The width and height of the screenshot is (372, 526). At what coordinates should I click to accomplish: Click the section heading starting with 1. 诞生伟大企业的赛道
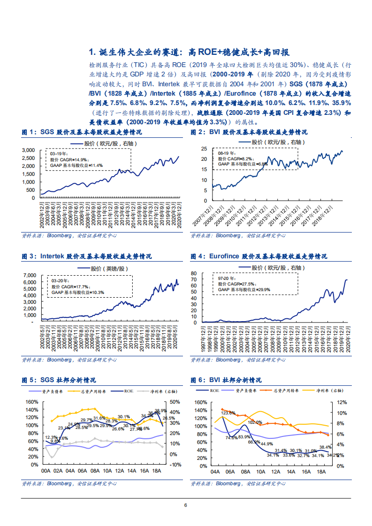(x=192, y=52)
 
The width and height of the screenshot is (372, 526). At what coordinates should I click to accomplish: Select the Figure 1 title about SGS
(x=82, y=133)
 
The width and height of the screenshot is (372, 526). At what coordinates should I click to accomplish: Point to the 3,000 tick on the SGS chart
(x=29, y=150)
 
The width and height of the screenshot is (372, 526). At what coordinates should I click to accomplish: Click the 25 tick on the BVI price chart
(x=204, y=149)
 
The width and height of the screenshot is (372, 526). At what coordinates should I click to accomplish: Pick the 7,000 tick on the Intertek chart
(x=29, y=275)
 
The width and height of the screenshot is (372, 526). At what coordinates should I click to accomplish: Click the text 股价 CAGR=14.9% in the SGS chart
(x=69, y=159)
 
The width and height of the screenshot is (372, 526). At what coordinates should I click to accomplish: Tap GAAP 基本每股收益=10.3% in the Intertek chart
(x=77, y=293)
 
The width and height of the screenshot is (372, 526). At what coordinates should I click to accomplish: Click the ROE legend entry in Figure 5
(x=129, y=391)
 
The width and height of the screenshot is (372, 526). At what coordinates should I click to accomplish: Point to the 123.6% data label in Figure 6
(x=228, y=413)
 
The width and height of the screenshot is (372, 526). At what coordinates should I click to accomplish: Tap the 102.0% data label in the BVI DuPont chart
(x=255, y=422)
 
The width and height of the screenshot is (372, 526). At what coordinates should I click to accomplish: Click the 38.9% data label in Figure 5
(x=160, y=411)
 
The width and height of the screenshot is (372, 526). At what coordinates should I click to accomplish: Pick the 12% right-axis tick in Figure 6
(x=341, y=402)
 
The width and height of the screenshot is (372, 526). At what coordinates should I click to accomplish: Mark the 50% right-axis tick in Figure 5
(x=175, y=402)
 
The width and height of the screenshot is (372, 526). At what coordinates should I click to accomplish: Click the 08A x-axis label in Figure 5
(x=95, y=471)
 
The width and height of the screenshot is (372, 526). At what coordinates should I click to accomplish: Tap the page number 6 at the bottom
(x=186, y=505)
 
